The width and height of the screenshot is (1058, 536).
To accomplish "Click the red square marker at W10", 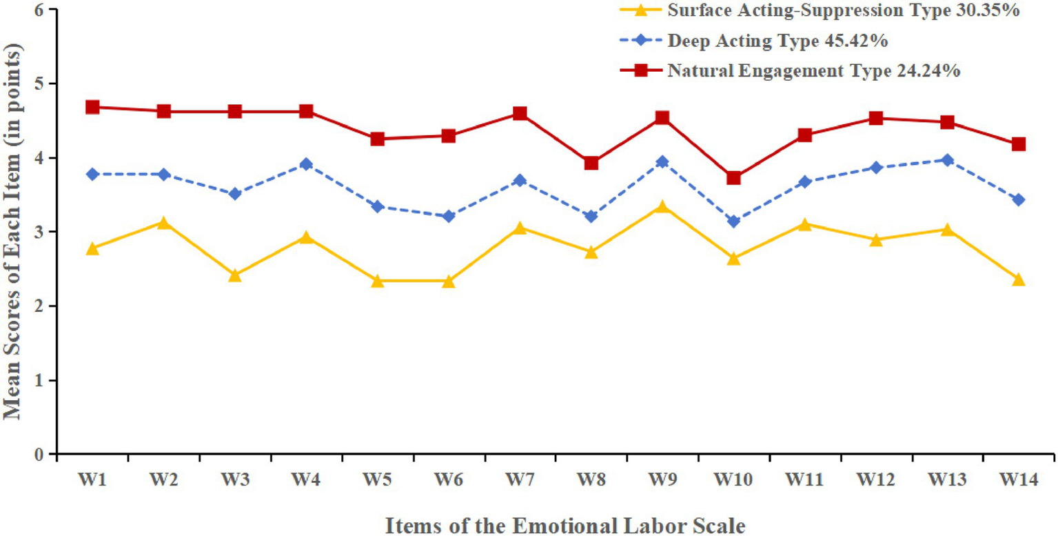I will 733,178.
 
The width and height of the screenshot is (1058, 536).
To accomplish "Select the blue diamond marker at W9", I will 662,162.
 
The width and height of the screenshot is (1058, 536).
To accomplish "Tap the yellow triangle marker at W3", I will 234,275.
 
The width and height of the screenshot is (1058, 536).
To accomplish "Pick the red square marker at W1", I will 92,107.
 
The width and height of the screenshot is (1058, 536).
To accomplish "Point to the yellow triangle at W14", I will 1018,279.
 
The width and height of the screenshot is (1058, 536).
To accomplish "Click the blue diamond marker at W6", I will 448,217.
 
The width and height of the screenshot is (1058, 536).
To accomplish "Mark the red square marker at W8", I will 591,163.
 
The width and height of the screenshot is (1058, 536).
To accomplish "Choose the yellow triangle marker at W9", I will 662,207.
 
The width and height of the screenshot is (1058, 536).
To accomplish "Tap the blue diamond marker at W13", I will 947,160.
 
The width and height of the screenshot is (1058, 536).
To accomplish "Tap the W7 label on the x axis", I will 520,480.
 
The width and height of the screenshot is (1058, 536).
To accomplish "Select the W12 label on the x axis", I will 875,480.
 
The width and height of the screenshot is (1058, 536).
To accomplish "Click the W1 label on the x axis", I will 92,480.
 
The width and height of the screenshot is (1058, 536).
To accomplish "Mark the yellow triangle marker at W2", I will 163,223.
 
